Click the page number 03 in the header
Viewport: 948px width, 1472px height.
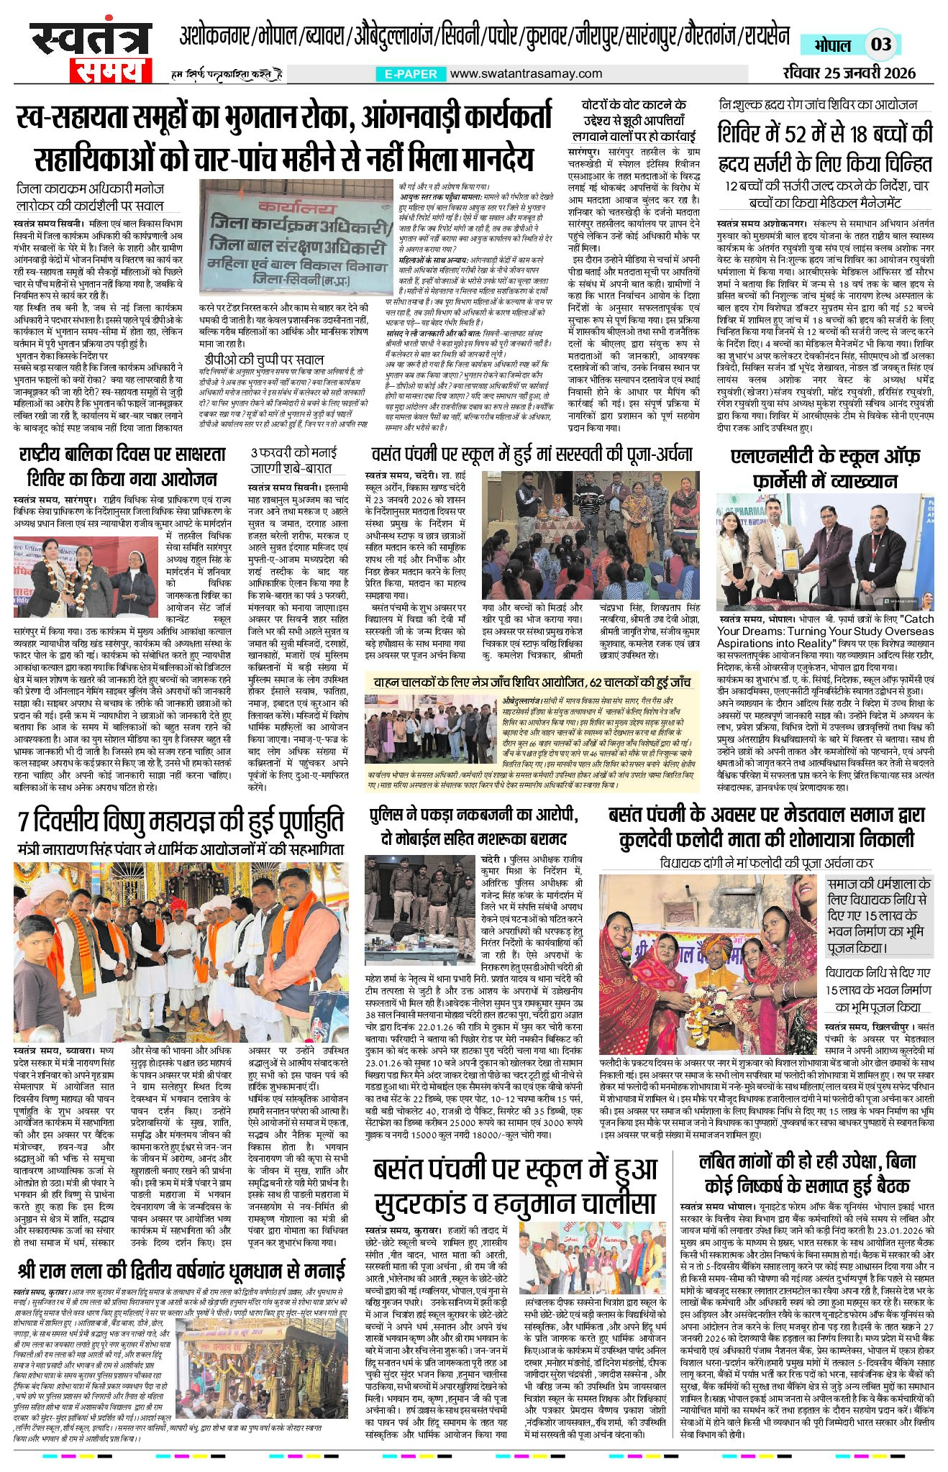881,45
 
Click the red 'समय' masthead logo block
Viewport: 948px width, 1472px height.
110,70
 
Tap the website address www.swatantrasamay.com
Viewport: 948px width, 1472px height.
526,73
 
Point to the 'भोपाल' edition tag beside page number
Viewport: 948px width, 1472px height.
833,45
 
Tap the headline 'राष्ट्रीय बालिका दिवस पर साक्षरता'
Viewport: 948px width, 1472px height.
122,454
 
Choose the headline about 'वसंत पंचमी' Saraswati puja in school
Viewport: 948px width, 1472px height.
532,454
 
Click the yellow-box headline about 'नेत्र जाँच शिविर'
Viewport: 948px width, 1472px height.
532,682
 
